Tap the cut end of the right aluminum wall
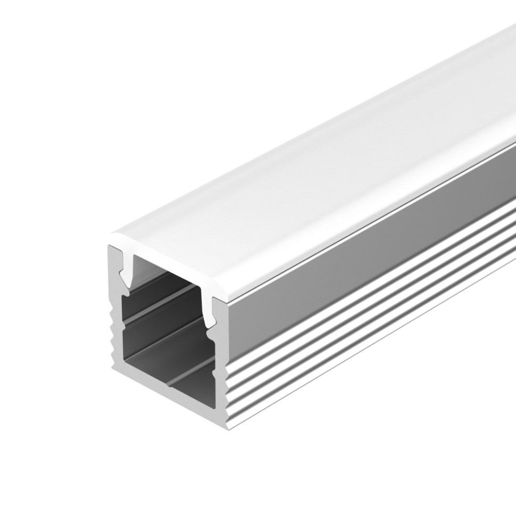pos(219,372)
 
